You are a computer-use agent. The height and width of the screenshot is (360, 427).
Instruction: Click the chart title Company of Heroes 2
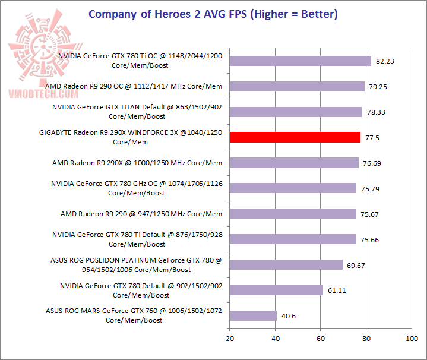click(213, 14)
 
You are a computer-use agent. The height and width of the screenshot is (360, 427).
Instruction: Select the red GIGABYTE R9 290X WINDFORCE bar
click(295, 137)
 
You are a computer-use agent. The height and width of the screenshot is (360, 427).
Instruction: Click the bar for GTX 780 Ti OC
click(300, 61)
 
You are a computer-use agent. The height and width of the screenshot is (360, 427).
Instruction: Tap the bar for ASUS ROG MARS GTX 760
click(253, 315)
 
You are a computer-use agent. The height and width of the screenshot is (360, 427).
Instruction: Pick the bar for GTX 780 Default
click(276, 290)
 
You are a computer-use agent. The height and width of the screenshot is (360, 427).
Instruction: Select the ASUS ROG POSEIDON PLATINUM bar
click(286, 264)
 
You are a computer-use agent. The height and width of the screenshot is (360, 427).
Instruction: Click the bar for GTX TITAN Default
click(296, 112)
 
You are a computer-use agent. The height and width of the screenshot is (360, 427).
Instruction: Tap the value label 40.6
click(289, 316)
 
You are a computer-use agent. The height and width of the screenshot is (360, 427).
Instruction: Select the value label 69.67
click(356, 265)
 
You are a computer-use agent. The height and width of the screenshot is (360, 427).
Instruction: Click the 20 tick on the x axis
click(229, 339)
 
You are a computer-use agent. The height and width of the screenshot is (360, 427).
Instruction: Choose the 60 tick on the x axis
click(321, 339)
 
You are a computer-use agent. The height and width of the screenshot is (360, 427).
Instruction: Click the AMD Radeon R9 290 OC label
click(134, 86)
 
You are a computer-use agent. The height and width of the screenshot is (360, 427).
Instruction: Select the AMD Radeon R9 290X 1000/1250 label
click(137, 163)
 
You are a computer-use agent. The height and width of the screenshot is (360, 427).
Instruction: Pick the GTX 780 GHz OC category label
click(137, 188)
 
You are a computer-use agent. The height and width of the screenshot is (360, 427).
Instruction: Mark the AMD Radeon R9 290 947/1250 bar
click(293, 214)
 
